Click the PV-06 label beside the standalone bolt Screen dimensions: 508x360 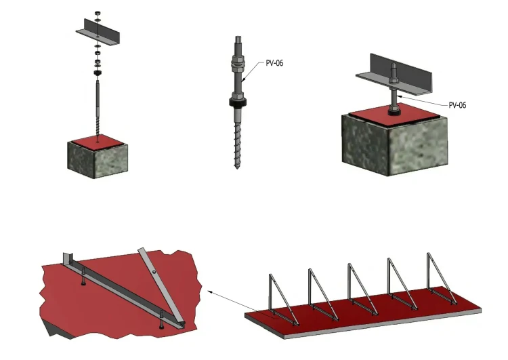point(274,63)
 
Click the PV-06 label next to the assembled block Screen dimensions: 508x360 point(457,105)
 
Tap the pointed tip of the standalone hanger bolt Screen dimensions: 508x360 point(237,168)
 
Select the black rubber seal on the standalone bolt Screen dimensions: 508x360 point(238,102)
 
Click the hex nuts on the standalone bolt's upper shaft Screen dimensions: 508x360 point(238,63)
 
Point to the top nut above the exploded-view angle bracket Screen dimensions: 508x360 point(98,14)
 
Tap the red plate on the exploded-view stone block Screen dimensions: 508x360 point(98,142)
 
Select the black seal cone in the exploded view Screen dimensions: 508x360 point(98,73)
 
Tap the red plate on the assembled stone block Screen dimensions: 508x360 point(396,114)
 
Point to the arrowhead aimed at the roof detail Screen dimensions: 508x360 point(210,292)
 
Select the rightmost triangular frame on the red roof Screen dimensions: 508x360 point(442,278)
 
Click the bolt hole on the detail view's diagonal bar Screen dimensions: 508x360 point(154,271)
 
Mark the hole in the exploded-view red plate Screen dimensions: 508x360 point(98,142)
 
